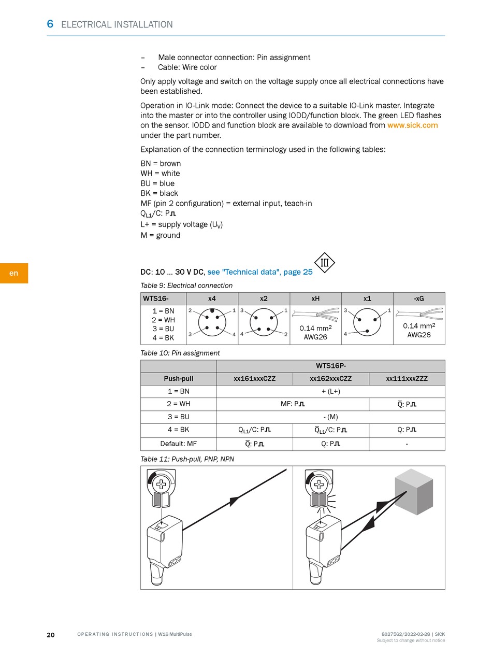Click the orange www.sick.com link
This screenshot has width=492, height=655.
coord(412,125)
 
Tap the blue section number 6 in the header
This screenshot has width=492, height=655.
coord(50,24)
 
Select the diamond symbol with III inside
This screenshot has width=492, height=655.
coord(324,263)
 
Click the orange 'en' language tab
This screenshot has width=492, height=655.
coord(14,273)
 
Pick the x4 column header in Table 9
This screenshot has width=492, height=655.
coord(212,298)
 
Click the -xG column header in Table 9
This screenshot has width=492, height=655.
coord(419,298)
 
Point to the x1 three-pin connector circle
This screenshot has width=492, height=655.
coord(367,322)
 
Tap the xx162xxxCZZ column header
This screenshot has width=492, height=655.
coord(331,378)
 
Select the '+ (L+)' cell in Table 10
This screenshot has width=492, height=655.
coord(331,391)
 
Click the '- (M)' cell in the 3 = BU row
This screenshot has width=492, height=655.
coord(331,417)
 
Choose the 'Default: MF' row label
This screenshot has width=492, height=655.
coord(179,444)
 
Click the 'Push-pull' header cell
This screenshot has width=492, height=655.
coord(179,378)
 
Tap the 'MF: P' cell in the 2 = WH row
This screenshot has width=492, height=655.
coord(293,404)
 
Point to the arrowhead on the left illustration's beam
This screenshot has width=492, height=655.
coord(235,501)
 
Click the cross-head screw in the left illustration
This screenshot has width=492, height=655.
coord(161,483)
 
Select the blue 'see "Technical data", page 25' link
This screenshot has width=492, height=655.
coord(260,272)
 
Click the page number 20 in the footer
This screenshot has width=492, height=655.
coord(51,634)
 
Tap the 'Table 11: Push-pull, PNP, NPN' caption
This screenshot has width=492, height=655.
coord(187,459)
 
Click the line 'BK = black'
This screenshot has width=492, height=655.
coord(159,193)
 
